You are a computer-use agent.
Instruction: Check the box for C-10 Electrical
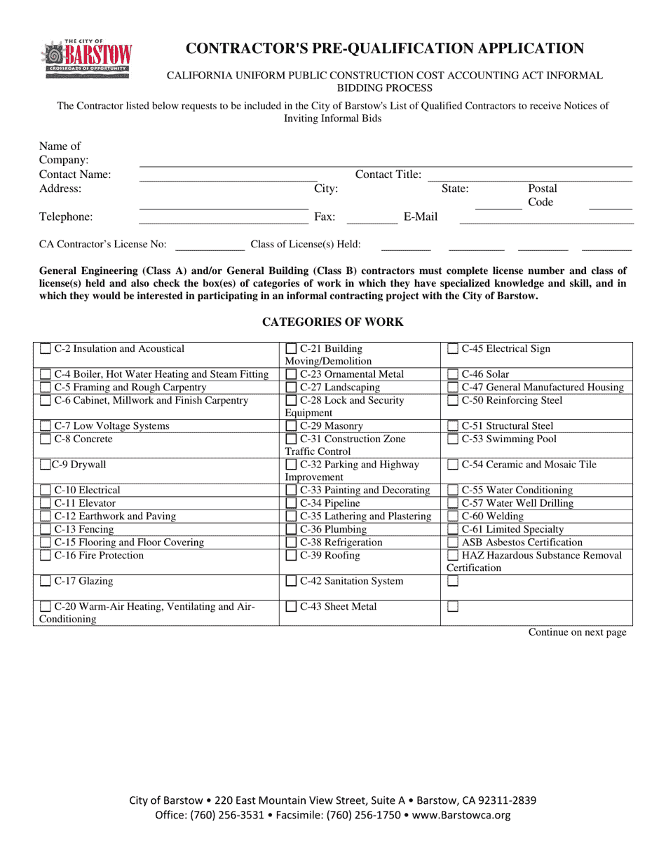(x=46, y=491)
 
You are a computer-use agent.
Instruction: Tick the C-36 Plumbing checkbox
(x=291, y=530)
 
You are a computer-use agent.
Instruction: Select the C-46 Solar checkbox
(x=453, y=375)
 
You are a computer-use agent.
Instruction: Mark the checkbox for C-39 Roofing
(x=291, y=556)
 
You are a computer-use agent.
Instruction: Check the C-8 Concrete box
(x=46, y=439)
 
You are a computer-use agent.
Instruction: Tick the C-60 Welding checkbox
(x=453, y=517)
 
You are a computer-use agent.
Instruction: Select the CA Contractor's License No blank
(x=210, y=249)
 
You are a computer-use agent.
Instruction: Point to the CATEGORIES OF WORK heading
(x=332, y=322)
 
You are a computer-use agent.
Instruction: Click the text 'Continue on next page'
(x=577, y=633)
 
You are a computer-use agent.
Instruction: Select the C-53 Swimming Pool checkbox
(x=453, y=439)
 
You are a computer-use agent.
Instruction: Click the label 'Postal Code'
(x=542, y=196)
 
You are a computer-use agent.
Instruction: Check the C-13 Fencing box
(x=46, y=530)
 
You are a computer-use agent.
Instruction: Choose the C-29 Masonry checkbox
(x=291, y=426)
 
